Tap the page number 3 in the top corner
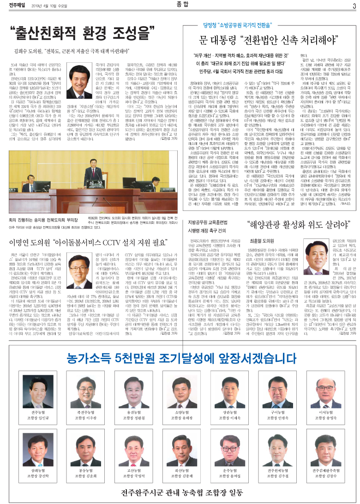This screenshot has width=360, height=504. point(354,6)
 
